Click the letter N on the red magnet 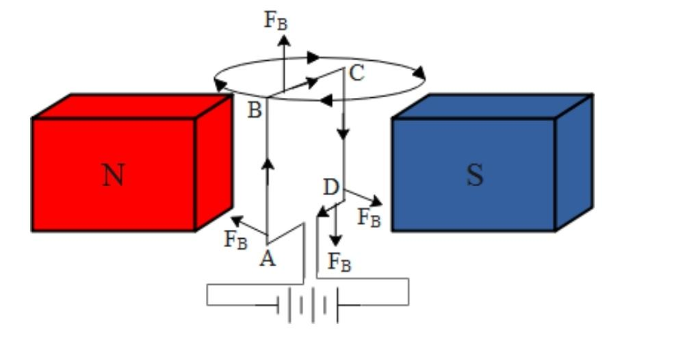tap(114, 175)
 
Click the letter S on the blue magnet tap(474, 175)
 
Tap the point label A tap(268, 259)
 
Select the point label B tap(254, 110)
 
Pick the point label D tap(330, 186)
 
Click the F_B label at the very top tap(276, 20)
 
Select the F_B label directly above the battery tap(339, 261)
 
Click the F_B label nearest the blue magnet tap(369, 218)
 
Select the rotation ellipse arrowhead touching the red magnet tap(219, 85)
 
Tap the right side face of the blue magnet tap(573, 163)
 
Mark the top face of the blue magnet tap(493, 105)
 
